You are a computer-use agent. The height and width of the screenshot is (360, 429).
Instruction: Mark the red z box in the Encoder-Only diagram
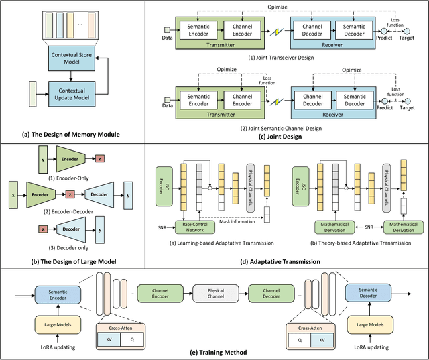(101, 158)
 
